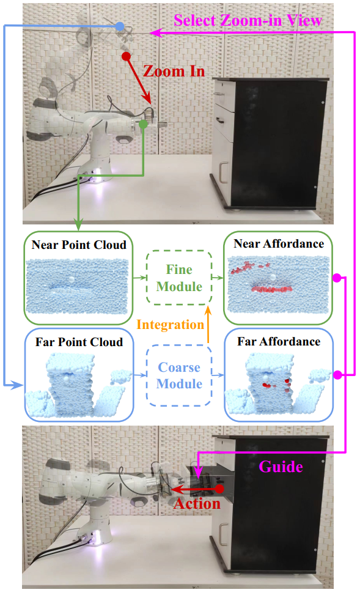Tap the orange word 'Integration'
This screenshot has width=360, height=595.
click(x=171, y=325)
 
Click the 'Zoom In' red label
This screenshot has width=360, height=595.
click(x=174, y=72)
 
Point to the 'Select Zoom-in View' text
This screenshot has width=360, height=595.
click(x=248, y=21)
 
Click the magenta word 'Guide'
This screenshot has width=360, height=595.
click(x=281, y=467)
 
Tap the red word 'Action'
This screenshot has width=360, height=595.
click(x=197, y=503)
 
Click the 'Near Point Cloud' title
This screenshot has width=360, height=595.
click(x=79, y=245)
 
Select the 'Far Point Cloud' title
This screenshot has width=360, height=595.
click(x=79, y=342)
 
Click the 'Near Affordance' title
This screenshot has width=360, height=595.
click(x=279, y=243)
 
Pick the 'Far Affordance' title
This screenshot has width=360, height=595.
click(x=279, y=341)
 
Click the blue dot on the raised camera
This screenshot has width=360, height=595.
click(x=120, y=26)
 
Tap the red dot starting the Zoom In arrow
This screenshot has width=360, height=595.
click(x=126, y=56)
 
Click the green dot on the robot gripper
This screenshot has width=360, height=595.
click(x=143, y=124)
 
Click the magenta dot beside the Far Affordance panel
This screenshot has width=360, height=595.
click(x=337, y=375)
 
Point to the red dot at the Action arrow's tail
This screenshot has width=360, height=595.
click(x=219, y=489)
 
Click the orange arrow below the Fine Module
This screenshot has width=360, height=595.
click(x=208, y=325)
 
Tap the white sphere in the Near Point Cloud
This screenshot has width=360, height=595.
click(x=72, y=279)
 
